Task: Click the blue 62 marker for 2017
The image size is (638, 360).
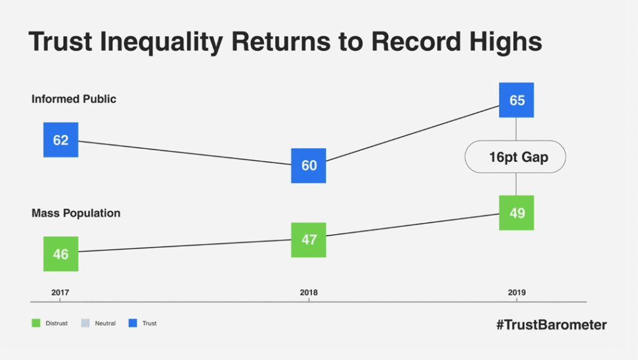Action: pos(60,140)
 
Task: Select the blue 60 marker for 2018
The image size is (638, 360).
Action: pos(308,166)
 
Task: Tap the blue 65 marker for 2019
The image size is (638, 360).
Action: pos(517,100)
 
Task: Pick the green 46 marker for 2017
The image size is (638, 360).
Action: pos(60,254)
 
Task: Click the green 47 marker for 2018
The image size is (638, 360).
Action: pos(308,240)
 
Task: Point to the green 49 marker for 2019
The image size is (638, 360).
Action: pos(517,213)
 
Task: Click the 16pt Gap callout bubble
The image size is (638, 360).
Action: pos(515,157)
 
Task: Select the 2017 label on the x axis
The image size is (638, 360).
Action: pos(60,293)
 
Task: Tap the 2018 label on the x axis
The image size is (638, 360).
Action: pos(309,293)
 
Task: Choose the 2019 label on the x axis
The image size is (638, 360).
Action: pos(517,293)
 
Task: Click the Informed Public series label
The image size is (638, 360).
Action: pos(74,99)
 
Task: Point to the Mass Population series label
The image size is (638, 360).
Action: pos(76,213)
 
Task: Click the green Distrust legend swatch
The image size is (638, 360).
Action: pos(36,323)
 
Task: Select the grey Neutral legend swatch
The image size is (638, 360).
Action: pos(85,323)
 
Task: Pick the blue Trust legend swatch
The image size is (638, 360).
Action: pos(133,323)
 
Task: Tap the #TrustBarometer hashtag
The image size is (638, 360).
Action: pos(552,324)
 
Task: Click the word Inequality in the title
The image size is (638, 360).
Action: pos(161,42)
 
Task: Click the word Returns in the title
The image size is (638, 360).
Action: pos(281,41)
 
